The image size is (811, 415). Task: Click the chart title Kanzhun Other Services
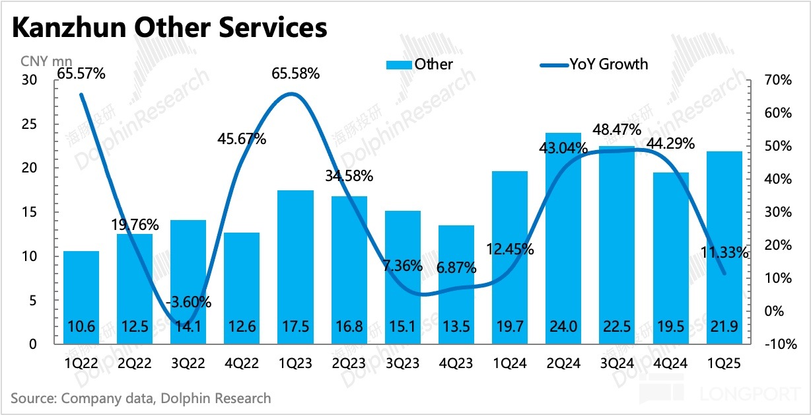[x=169, y=28]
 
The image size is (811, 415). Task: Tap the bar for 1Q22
[x=81, y=297]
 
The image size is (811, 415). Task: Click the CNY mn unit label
[x=44, y=63]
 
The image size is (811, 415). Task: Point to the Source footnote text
[x=141, y=398]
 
